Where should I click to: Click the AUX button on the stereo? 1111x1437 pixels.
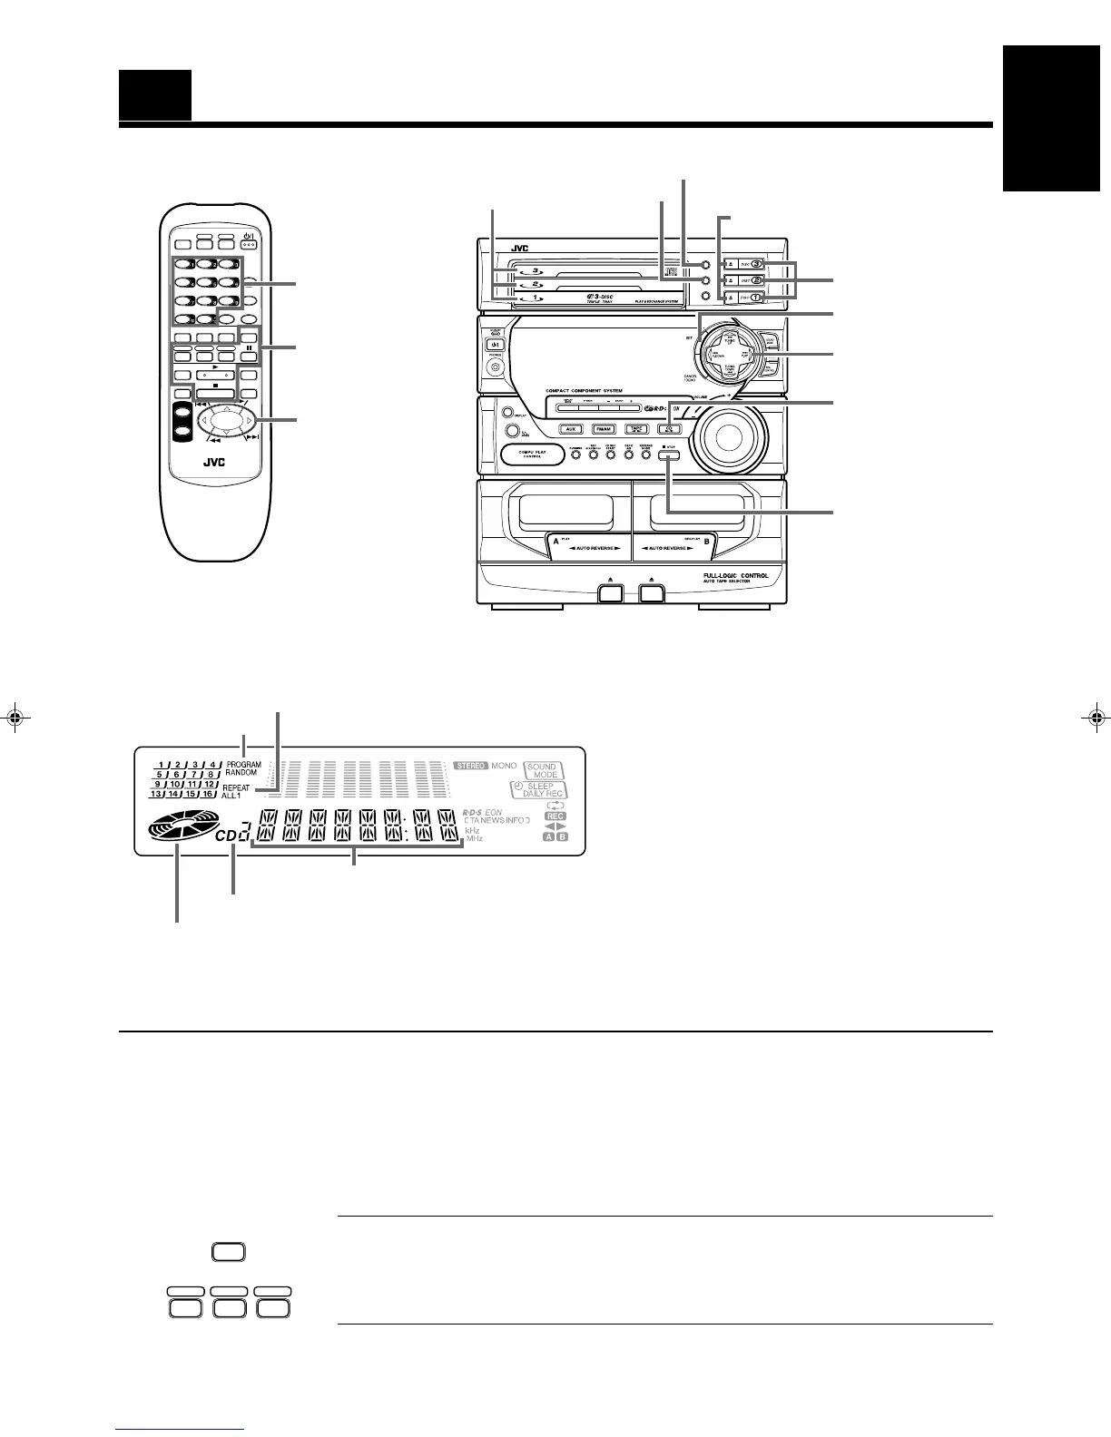[x=571, y=429]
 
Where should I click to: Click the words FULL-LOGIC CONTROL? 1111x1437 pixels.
[x=736, y=576]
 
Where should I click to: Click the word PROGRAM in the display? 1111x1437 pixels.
[x=244, y=765]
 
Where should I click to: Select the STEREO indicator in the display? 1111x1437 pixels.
[x=470, y=767]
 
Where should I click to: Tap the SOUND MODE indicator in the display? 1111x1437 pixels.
[x=544, y=771]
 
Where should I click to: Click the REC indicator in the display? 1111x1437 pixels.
[x=555, y=816]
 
